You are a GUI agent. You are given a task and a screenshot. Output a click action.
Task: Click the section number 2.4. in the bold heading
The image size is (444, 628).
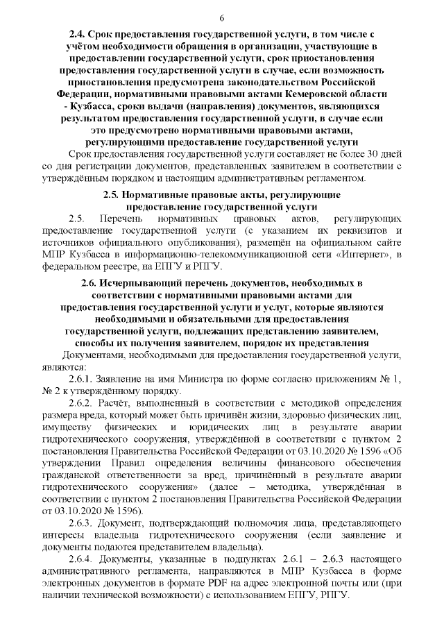coord(80,34)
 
